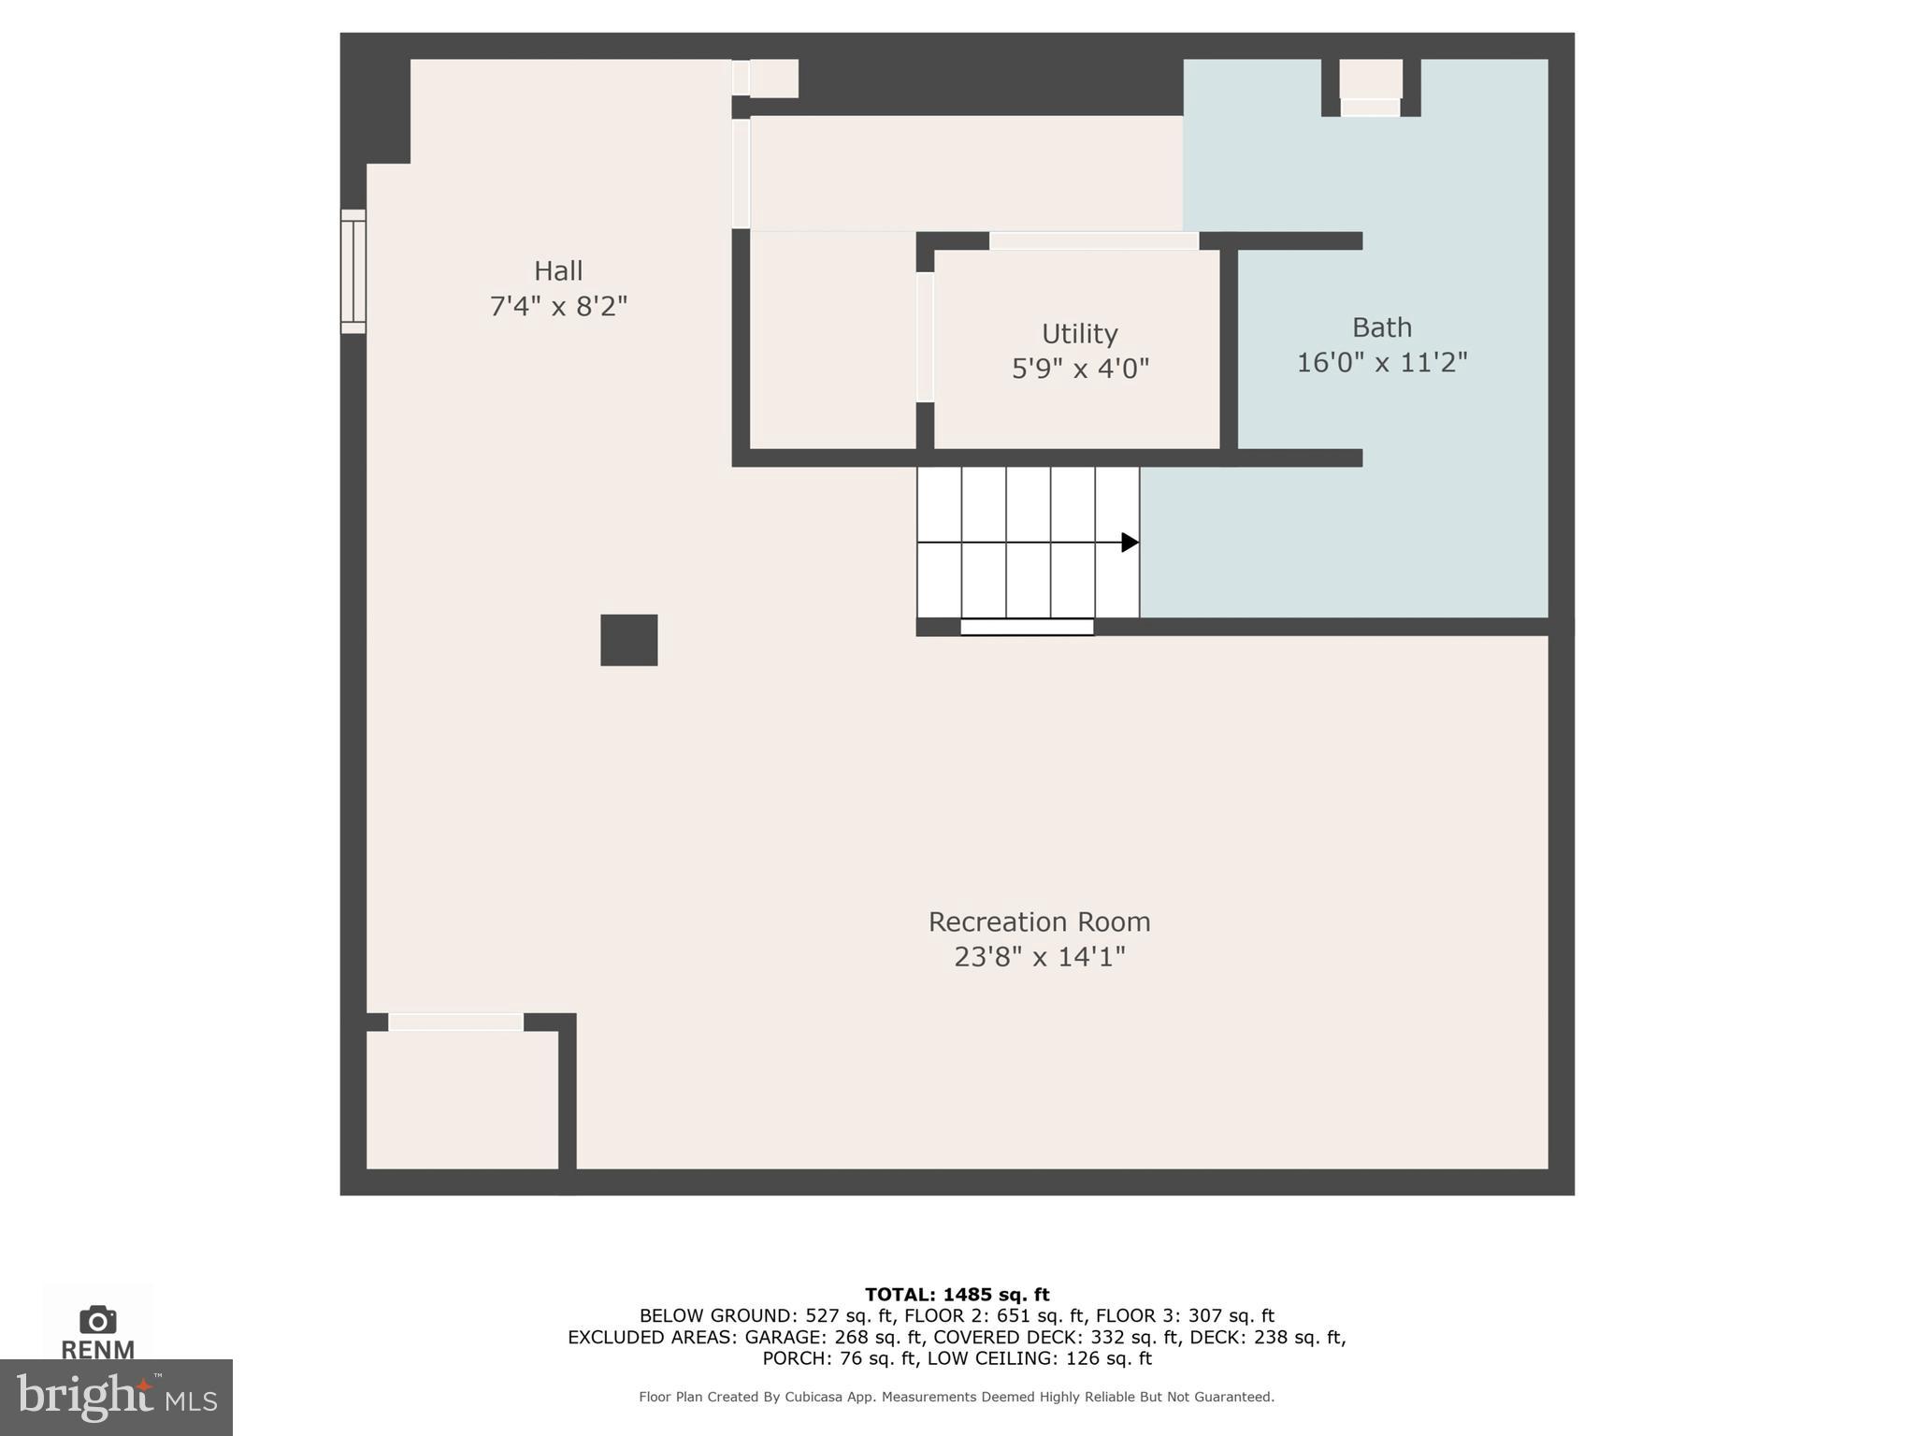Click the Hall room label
pyautogui.click(x=558, y=271)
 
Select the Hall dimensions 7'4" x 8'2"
pyautogui.click(x=558, y=307)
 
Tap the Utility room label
pyautogui.click(x=1080, y=334)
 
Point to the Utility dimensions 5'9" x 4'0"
pyautogui.click(x=1080, y=369)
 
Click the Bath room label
pyautogui.click(x=1381, y=327)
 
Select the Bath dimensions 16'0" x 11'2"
pyautogui.click(x=1381, y=363)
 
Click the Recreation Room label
pyautogui.click(x=1039, y=922)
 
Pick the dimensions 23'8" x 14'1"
pyautogui.click(x=1039, y=957)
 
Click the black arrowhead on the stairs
pyautogui.click(x=1130, y=543)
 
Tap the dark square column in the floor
pyautogui.click(x=628, y=640)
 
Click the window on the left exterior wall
pyautogui.click(x=353, y=271)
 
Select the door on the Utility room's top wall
pyautogui.click(x=1094, y=241)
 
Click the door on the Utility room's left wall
pyautogui.click(x=925, y=337)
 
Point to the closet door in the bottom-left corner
pyautogui.click(x=455, y=1023)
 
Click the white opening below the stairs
pyautogui.click(x=1027, y=628)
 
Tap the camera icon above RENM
pyautogui.click(x=97, y=1320)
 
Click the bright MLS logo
pyautogui.click(x=116, y=1398)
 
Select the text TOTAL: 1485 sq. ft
pyautogui.click(x=957, y=1295)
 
